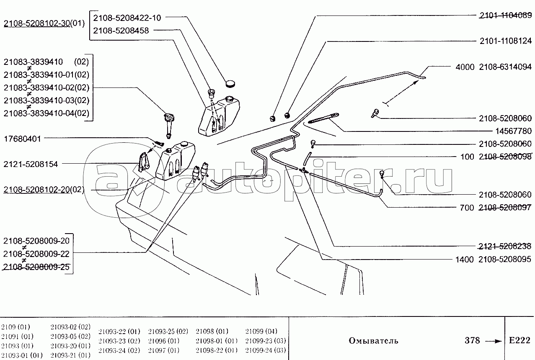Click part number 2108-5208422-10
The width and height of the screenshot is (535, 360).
127,18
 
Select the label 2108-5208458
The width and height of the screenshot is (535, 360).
121,31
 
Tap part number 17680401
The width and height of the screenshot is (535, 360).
23,139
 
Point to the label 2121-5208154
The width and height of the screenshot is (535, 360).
31,164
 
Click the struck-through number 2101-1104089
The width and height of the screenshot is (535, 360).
506,15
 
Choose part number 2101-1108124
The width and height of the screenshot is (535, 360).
506,41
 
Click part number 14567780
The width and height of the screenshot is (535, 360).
514,131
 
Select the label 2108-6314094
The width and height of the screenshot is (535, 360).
505,67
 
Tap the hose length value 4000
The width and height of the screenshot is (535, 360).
465,67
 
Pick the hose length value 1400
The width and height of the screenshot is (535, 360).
464,260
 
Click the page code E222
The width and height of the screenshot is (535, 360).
520,340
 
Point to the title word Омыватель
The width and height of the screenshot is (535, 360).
373,341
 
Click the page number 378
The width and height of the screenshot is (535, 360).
472,340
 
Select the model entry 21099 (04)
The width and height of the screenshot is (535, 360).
261,331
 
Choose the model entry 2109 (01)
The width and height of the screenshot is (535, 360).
16,327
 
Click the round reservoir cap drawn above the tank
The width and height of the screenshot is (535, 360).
230,84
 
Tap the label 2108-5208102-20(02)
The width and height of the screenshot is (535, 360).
44,190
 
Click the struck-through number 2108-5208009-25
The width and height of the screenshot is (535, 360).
36,267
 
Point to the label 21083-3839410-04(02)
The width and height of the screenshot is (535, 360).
47,113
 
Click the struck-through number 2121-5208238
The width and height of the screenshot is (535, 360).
504,246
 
